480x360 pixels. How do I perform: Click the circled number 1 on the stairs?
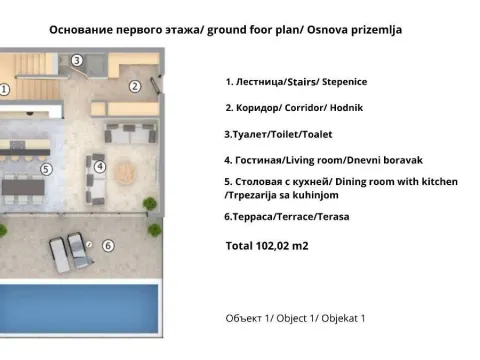pyautogui.click(x=5, y=88)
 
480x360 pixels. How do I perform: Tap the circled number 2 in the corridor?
pyautogui.click(x=135, y=85)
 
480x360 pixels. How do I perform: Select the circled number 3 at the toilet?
pyautogui.click(x=78, y=61)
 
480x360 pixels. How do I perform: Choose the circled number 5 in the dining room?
pyautogui.click(x=46, y=170)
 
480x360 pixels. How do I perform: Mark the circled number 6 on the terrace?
pyautogui.click(x=107, y=245)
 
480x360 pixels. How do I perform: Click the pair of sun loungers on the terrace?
pyautogui.click(x=65, y=248)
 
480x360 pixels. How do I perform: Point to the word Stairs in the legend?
pyautogui.click(x=308, y=82)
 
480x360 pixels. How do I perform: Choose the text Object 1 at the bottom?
pyautogui.click(x=297, y=318)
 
